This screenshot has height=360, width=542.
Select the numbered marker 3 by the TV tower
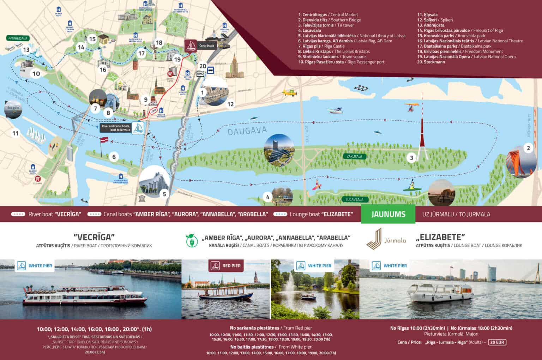[x=411, y=158]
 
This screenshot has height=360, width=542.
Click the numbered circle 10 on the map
[x=36, y=73]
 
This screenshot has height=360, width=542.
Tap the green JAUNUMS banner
[x=388, y=214]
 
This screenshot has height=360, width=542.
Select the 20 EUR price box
[x=497, y=342]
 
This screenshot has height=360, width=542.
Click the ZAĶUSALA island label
[x=354, y=156]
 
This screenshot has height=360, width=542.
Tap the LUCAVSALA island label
[x=354, y=199]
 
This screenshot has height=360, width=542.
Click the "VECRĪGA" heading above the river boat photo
[x=94, y=237]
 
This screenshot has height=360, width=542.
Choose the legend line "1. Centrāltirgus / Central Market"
[x=328, y=15]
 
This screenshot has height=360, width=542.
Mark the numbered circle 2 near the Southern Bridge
[x=528, y=148]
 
